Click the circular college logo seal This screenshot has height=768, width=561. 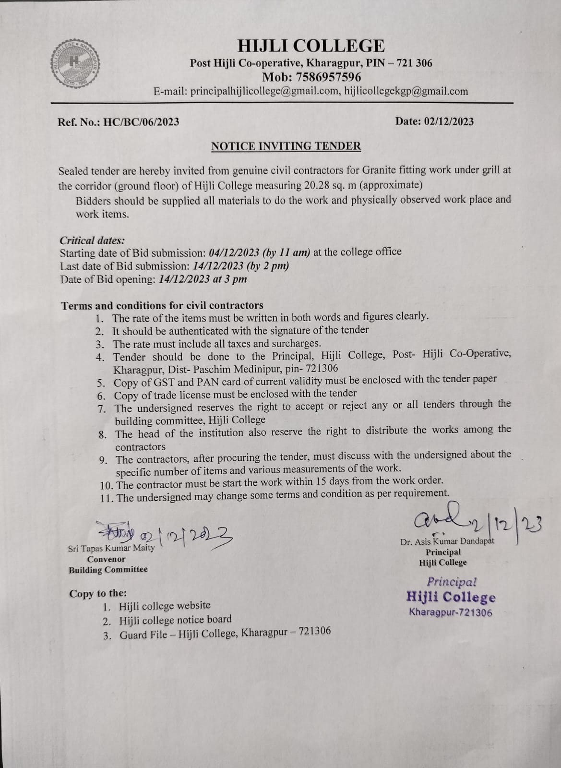(74, 62)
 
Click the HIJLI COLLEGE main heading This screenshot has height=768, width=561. (311, 46)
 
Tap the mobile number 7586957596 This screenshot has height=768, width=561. (329, 77)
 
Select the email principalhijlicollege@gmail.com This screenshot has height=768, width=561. (264, 91)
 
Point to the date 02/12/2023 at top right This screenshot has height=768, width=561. (449, 121)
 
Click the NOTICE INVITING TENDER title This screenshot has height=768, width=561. (286, 146)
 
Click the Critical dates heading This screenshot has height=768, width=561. (92, 240)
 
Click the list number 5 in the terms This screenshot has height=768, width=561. (101, 384)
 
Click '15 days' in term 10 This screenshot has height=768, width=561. (329, 481)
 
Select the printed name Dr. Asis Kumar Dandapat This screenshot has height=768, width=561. (447, 541)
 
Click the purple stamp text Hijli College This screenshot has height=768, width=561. (451, 597)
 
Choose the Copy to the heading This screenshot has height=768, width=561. (98, 594)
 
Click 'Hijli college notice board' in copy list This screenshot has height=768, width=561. (175, 620)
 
